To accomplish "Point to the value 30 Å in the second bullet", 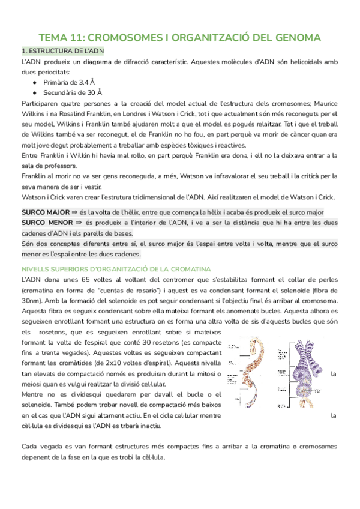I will click(92, 92).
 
